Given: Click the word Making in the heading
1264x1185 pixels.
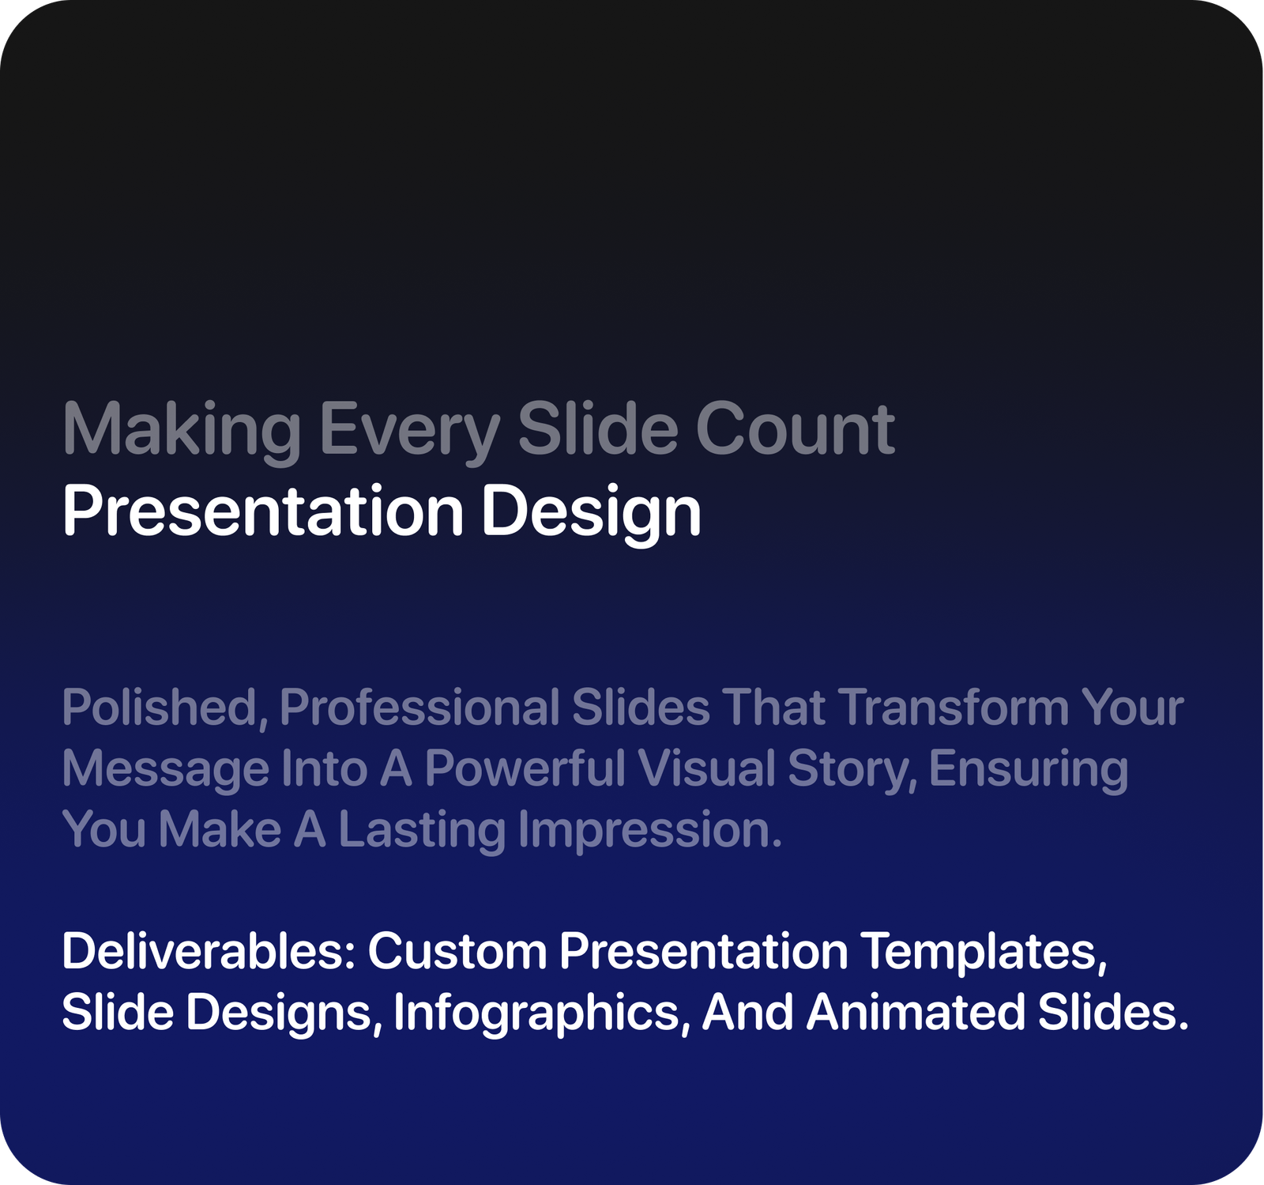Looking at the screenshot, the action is pyautogui.click(x=182, y=431).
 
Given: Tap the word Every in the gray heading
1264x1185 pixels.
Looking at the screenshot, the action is pyautogui.click(x=409, y=431).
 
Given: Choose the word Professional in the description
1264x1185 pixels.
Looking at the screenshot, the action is pyautogui.click(x=419, y=707).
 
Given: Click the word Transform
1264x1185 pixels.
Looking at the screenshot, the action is pyautogui.click(x=954, y=707).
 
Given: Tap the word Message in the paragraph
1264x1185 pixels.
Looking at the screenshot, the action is pyautogui.click(x=166, y=768).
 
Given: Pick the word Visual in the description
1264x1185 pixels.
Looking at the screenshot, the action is pyautogui.click(x=706, y=768).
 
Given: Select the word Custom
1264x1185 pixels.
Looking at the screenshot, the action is pyautogui.click(x=457, y=951).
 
